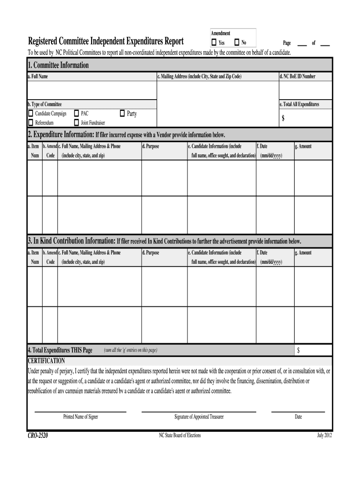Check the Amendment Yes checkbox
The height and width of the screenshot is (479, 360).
point(214,43)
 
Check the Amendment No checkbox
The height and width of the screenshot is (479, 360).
point(237,43)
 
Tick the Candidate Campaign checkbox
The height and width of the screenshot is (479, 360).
point(30,114)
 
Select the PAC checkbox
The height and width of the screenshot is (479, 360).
point(76,114)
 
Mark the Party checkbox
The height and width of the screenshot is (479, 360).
point(122,113)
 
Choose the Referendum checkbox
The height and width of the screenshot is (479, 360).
point(30,123)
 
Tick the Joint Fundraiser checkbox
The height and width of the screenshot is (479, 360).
point(76,123)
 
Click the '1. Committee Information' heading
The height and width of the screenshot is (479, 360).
point(58,65)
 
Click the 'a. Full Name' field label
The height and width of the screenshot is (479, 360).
point(37,76)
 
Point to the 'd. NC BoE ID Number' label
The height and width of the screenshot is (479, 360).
point(297,76)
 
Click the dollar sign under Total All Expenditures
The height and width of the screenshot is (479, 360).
point(283,119)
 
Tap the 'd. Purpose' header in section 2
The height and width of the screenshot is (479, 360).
point(151,146)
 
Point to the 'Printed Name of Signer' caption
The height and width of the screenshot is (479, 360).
point(80,416)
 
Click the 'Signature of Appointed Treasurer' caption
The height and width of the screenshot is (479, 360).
point(199,416)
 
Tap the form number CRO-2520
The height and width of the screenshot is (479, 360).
point(38,435)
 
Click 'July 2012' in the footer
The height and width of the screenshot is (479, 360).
point(324,435)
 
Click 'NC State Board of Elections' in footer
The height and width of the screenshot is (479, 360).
point(180,435)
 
